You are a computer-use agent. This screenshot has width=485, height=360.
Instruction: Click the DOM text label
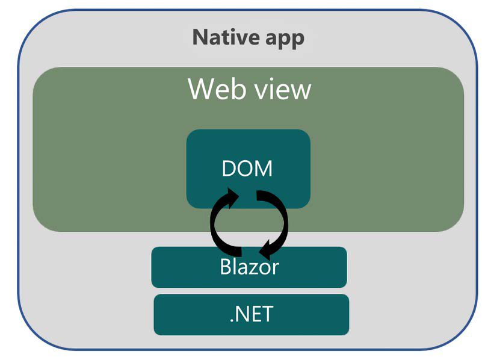coord(247,169)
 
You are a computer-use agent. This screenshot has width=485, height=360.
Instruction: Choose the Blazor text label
coord(249,267)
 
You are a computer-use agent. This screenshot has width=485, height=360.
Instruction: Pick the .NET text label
coord(252,314)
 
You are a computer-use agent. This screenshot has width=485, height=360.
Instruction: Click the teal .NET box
coord(181,314)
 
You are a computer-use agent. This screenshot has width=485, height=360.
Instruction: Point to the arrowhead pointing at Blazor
coord(264,249)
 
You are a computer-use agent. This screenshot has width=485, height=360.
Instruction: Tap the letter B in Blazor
coord(226,267)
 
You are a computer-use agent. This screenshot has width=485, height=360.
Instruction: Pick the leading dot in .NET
coord(232,320)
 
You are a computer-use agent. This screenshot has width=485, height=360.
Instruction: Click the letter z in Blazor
coord(255,268)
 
